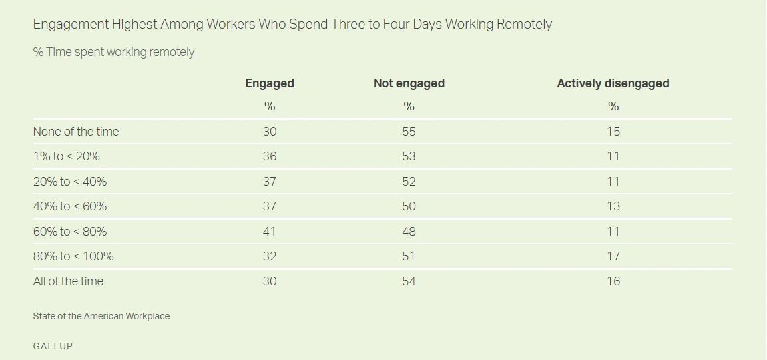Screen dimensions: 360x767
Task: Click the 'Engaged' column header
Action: (270, 83)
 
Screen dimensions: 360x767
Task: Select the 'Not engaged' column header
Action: (409, 83)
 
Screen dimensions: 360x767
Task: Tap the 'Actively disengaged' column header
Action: (613, 83)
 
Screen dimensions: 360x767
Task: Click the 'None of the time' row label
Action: (76, 132)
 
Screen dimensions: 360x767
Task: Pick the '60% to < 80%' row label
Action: (70, 232)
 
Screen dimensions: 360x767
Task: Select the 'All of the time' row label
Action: (68, 281)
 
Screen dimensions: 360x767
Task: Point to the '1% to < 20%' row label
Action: (67, 156)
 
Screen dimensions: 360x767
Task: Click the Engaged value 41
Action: (270, 232)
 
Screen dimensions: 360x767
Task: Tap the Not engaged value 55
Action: (409, 132)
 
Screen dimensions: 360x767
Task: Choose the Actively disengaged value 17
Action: (613, 256)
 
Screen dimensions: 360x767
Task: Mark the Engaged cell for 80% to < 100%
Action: (270, 256)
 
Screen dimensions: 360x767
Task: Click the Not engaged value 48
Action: (409, 232)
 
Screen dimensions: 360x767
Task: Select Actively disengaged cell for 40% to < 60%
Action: (613, 206)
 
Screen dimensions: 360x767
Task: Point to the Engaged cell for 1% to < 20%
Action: (270, 156)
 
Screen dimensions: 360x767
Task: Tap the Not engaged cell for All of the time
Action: (409, 281)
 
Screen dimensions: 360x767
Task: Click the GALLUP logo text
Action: (53, 346)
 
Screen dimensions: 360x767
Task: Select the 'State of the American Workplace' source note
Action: (101, 317)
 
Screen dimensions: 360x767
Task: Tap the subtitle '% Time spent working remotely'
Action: (114, 52)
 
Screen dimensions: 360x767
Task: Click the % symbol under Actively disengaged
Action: (613, 106)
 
